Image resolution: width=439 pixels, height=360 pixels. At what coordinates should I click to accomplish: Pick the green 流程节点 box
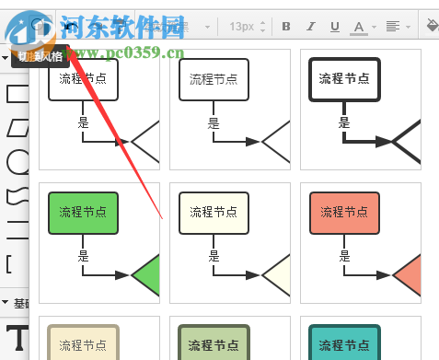(83, 213)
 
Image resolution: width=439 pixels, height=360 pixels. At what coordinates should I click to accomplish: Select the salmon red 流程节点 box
(344, 213)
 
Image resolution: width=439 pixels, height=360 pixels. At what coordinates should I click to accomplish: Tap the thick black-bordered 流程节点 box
(344, 79)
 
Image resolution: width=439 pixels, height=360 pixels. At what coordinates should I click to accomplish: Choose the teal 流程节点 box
(344, 344)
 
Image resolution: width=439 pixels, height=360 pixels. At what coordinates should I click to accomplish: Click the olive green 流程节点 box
(214, 344)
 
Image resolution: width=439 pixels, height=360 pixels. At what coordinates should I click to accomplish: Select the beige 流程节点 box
(83, 344)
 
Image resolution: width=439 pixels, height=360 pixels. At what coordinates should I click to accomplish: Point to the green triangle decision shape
(147, 274)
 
